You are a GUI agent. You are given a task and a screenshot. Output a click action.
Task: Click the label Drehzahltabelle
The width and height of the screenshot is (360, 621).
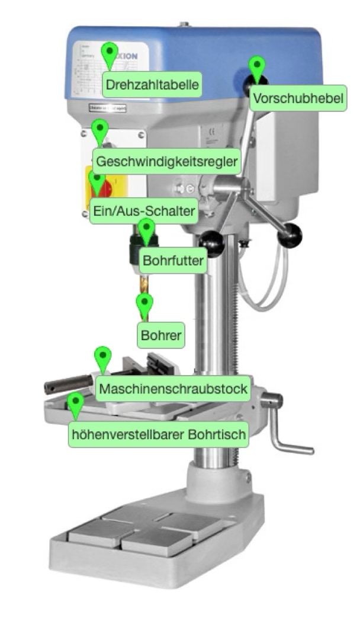[151, 84]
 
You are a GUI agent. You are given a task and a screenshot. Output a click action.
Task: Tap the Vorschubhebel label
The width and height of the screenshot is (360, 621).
[297, 98]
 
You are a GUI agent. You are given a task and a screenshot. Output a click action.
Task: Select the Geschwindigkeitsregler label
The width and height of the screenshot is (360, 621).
[167, 161]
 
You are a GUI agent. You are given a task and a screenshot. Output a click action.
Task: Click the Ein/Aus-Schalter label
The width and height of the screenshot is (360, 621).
[143, 211]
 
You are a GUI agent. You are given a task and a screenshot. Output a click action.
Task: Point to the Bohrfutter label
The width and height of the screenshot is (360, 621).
[173, 260]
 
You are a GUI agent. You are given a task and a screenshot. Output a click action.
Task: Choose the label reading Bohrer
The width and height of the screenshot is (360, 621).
[161, 335]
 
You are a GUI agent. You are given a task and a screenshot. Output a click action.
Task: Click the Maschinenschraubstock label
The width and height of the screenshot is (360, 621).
[173, 389]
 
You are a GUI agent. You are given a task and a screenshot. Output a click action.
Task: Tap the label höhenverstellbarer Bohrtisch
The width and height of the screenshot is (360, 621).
[158, 434]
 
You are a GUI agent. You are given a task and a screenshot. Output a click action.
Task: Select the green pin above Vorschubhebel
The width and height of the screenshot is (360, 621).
[256, 67]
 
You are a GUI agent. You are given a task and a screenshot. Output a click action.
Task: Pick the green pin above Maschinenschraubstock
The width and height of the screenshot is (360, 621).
[103, 357]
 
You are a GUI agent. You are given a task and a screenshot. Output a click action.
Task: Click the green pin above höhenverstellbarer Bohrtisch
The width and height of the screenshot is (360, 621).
[75, 403]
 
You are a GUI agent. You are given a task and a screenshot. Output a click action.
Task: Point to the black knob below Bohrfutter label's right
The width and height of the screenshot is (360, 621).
[212, 243]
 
